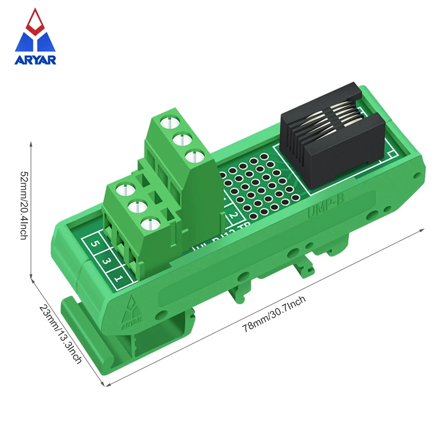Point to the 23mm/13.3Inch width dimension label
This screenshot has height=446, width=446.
(x=60, y=333)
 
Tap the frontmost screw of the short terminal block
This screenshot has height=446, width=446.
(x=148, y=225)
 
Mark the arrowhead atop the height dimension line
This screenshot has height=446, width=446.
(x=31, y=144)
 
